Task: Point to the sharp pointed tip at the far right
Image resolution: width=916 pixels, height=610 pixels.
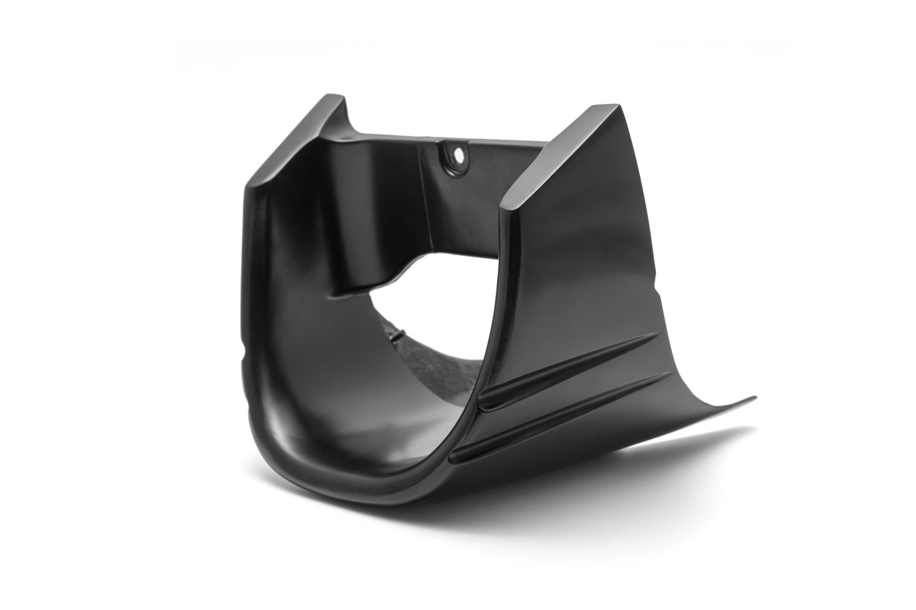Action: tap(754, 398)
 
